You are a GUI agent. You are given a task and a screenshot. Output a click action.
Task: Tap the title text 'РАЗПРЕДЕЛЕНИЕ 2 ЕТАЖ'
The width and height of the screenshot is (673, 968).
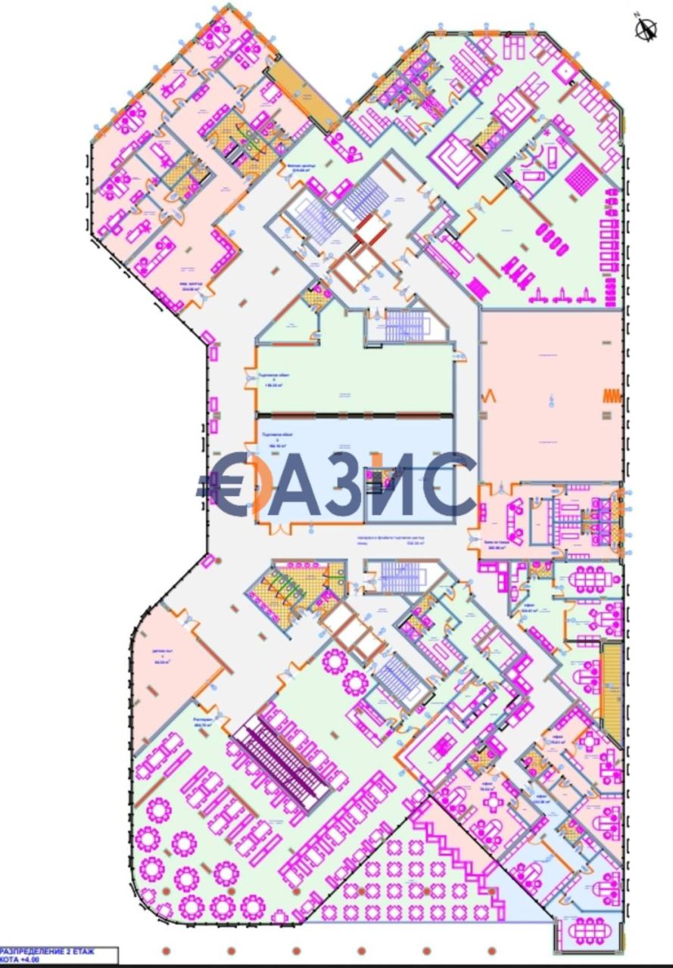(49, 951)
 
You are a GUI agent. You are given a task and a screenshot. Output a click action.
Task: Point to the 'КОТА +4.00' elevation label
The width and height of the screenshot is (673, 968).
(21, 960)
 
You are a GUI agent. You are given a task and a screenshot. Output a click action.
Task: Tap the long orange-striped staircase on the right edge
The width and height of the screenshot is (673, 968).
(610, 693)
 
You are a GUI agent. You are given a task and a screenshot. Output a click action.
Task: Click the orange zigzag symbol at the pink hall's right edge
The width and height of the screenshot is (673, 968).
(612, 396)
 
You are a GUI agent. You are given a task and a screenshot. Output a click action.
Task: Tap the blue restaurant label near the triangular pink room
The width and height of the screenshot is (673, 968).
(203, 721)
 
